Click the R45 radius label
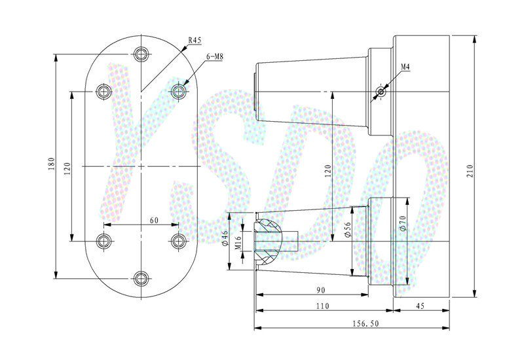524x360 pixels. click(x=195, y=40)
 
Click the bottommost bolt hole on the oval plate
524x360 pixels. click(x=140, y=278)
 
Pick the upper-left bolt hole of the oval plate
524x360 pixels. click(x=103, y=91)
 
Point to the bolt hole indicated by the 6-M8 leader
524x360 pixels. click(x=178, y=91)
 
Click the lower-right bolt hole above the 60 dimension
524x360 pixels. click(x=178, y=240)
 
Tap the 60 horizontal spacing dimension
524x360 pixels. click(x=154, y=221)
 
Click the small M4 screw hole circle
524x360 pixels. click(x=381, y=92)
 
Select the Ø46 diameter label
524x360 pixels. click(x=224, y=238)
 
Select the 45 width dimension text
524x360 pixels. click(x=421, y=306)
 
